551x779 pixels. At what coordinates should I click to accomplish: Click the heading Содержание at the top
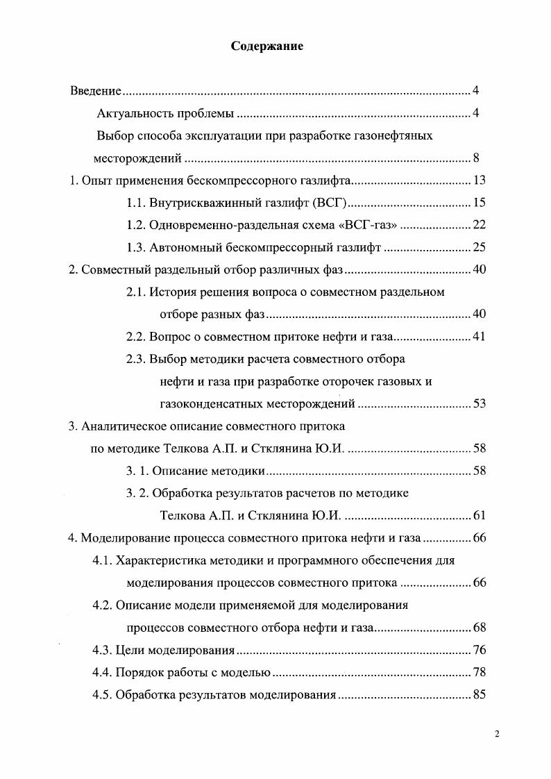tap(267, 47)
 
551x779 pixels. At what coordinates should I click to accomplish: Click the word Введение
tap(96, 91)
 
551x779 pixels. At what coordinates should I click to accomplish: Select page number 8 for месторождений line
tap(476, 158)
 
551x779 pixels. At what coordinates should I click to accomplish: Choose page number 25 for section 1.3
tap(479, 247)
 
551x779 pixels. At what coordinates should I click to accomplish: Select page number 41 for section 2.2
tap(479, 337)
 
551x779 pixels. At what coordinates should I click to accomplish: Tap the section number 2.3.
tap(136, 359)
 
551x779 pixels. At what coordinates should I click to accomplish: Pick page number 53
tap(479, 403)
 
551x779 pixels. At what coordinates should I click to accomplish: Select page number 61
tap(479, 515)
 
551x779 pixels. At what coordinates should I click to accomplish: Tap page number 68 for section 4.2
tap(479, 628)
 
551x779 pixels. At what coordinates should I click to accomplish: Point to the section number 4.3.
tap(102, 651)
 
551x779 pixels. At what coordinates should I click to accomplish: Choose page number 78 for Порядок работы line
tap(479, 673)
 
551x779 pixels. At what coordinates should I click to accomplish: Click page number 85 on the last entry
tap(479, 695)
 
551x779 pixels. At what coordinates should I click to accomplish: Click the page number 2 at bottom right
tap(497, 735)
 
